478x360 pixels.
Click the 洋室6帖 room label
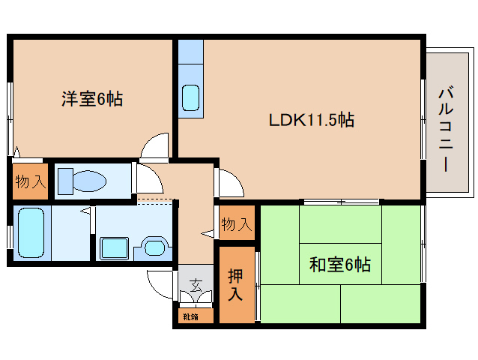pyautogui.click(x=92, y=97)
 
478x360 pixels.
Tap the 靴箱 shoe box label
pyautogui.click(x=190, y=316)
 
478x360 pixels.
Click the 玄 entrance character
pyautogui.click(x=196, y=284)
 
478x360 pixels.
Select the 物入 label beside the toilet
pyautogui.click(x=31, y=181)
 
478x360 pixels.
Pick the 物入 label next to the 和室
pyautogui.click(x=236, y=223)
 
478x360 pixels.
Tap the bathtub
pyautogui.click(x=31, y=232)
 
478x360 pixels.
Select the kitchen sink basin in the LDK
pyautogui.click(x=190, y=97)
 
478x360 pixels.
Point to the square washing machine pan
pyautogui.click(x=115, y=247)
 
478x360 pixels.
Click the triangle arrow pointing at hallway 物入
pyautogui.click(x=206, y=235)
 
